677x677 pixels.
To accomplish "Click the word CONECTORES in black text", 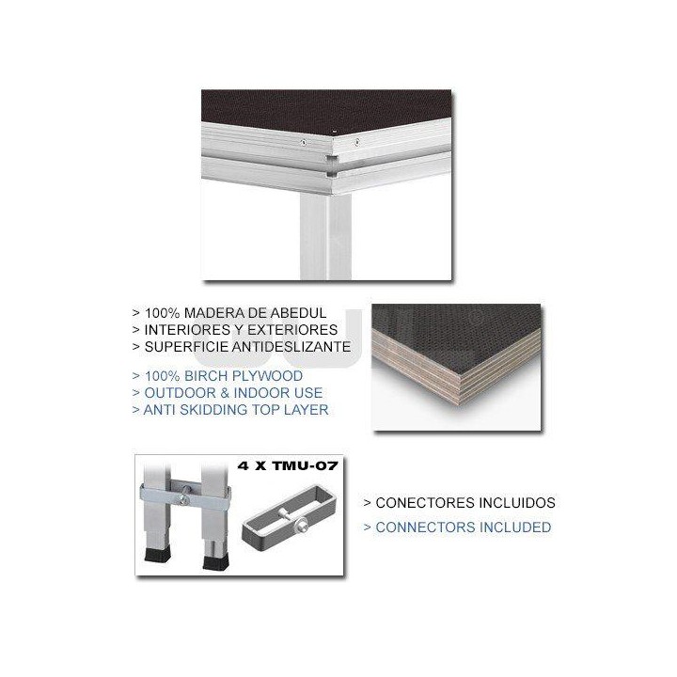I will point(420,503).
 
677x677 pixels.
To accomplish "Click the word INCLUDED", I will point(511,527).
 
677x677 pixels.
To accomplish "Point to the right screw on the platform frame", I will point(357,143).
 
